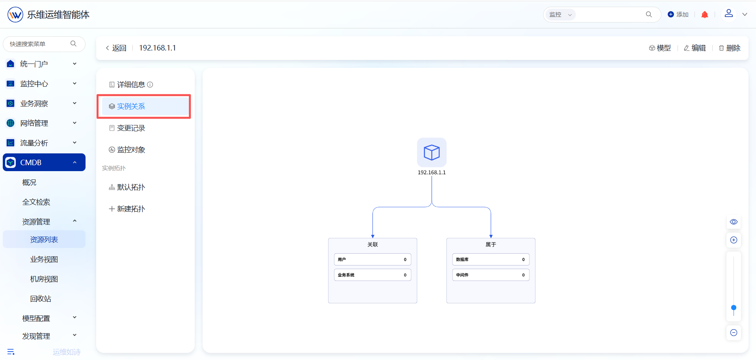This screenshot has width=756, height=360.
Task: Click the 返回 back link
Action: coord(116,48)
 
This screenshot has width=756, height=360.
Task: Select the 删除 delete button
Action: coord(730,48)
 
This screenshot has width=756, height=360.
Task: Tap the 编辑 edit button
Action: coord(695,48)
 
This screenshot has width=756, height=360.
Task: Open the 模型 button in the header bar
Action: coord(660,48)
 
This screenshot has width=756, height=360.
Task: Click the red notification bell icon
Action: coord(705,15)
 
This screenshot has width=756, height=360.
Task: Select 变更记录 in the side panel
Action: coord(127,128)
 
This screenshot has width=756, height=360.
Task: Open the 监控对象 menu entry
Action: coord(127,150)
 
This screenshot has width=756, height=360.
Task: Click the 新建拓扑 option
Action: coord(127,209)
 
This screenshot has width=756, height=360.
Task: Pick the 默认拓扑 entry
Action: coord(127,187)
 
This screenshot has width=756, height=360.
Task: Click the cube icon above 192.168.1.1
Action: coord(432,152)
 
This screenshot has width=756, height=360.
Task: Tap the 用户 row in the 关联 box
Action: coord(372,259)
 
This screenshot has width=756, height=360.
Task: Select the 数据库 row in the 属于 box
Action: coord(491,259)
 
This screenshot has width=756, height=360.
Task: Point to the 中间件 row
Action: coord(491,275)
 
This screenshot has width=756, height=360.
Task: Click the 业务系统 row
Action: coord(372,275)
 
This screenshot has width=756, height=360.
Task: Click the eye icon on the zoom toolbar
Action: coord(734,222)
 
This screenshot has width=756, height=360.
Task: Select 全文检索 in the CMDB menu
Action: coord(36,202)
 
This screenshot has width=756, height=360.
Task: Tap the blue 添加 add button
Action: coord(678,15)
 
